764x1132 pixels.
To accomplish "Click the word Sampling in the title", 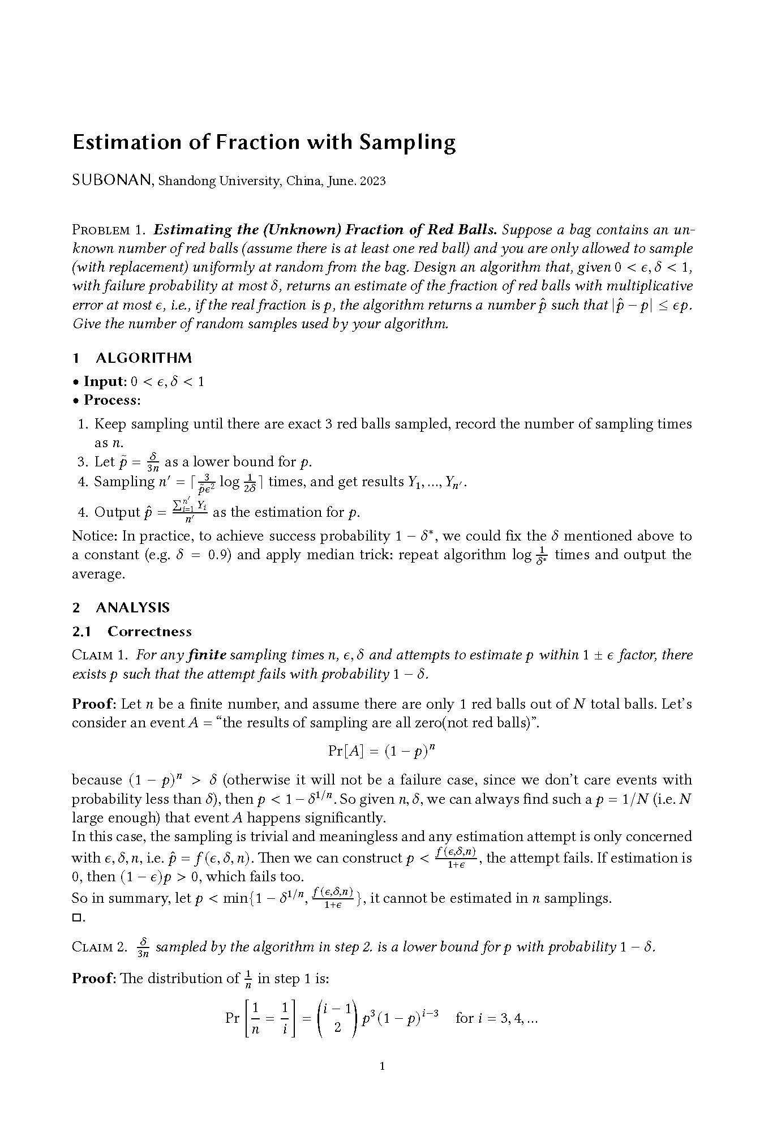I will (x=407, y=143).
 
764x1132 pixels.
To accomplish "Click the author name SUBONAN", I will (x=111, y=181).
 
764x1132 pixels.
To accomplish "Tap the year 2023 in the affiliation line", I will (x=373, y=181).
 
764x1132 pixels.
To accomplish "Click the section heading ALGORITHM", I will (x=144, y=358).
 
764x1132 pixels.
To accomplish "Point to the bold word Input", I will (x=103, y=381).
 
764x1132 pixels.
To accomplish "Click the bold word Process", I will (x=111, y=400).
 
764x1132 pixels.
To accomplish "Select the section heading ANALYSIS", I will (x=132, y=608).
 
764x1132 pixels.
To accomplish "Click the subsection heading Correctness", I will (x=149, y=632).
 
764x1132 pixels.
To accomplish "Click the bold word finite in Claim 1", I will (x=207, y=655).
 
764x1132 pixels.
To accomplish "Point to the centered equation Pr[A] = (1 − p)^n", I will (x=381, y=751).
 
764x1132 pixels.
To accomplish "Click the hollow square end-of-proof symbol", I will (x=76, y=917).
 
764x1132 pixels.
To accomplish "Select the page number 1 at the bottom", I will (x=382, y=1067).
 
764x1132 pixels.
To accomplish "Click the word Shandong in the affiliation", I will (x=187, y=181).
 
